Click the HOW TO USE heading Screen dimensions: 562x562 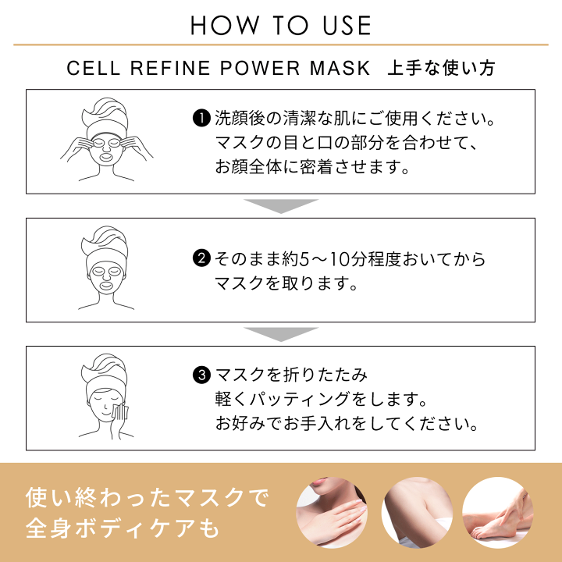[281, 25]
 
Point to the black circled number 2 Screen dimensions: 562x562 [201, 258]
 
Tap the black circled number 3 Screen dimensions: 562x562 [201, 375]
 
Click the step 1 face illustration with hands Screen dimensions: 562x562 [107, 140]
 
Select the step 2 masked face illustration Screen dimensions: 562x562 [107, 269]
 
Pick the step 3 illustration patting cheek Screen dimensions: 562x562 [107, 398]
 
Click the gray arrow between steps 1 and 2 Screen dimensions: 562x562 [281, 205]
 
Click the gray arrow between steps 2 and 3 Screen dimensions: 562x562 [281, 334]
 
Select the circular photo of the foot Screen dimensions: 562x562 [498, 512]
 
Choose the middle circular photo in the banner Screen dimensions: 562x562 [417, 512]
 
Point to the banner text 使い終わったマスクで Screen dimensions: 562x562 [147, 496]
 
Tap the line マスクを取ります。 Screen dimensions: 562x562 [286, 283]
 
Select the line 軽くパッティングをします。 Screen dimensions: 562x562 [321, 400]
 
